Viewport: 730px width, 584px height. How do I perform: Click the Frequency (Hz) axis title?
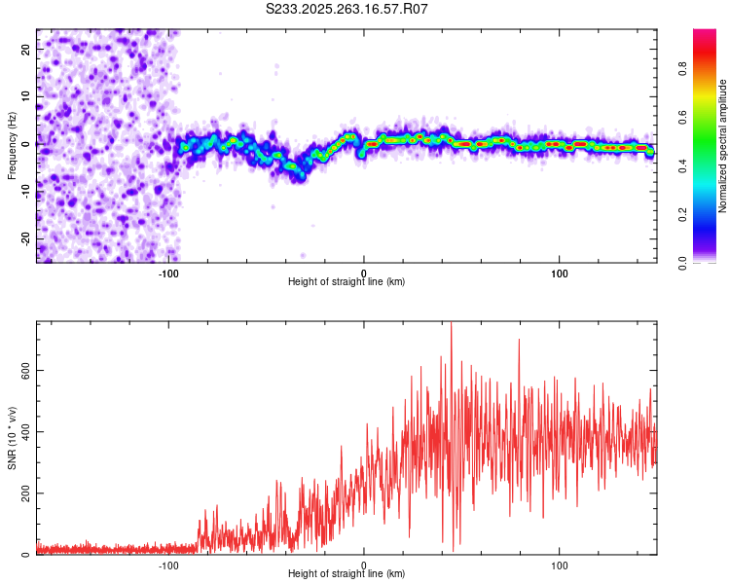(12, 146)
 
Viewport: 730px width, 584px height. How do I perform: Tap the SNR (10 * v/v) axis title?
(12, 438)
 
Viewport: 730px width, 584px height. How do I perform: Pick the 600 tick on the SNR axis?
(26, 370)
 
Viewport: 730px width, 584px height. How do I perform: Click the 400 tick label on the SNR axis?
(26, 431)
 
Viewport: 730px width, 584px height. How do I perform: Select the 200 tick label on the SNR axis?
(26, 493)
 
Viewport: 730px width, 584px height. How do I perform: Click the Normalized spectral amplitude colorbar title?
(723, 146)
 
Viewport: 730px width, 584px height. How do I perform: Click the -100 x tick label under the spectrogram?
(168, 274)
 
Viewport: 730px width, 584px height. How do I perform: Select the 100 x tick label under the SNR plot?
(560, 566)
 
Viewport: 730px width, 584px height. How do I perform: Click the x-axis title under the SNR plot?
(347, 574)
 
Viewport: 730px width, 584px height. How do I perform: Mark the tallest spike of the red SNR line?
(451, 325)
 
